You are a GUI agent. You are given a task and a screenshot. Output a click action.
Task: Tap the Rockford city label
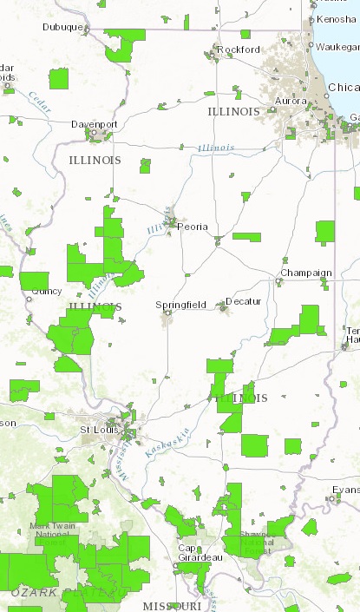239,49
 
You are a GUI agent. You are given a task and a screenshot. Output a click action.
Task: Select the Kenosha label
337,18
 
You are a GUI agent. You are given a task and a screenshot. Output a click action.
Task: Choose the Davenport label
94,124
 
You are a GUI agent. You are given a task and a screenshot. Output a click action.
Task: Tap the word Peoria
192,227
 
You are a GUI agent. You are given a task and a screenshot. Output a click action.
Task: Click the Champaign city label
305,273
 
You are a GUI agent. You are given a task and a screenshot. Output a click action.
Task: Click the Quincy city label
47,292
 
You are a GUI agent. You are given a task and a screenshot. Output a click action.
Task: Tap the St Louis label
97,430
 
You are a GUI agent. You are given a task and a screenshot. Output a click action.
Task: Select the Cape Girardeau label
200,553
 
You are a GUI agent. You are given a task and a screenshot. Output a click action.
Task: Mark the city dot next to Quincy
29,299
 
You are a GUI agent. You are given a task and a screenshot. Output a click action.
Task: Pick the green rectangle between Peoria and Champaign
246,236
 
